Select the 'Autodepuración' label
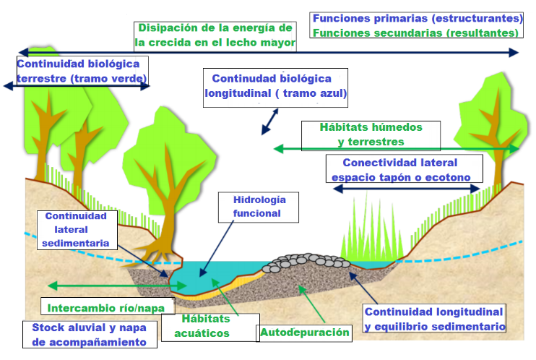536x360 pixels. point(305,333)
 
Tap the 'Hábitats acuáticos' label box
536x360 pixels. point(205,326)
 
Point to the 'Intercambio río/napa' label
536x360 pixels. point(107,307)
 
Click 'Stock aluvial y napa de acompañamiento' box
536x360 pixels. point(90,334)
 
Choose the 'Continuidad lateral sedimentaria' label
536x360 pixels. point(75,229)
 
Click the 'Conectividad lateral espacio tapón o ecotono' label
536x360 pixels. point(399,170)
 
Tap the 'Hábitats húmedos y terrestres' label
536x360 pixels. point(371,134)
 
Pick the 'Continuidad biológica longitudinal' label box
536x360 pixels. point(276,86)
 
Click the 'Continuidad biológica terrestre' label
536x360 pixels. point(82,71)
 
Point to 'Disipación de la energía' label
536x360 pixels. point(215,35)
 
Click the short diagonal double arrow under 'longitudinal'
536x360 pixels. point(270,121)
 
